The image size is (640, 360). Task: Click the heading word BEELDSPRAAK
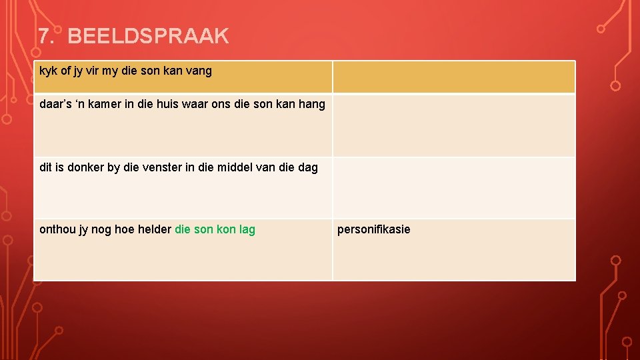(x=148, y=36)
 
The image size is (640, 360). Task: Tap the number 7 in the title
(x=44, y=36)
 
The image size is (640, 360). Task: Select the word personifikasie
(x=374, y=229)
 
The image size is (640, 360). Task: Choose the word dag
(x=307, y=167)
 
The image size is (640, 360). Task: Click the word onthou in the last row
(x=58, y=229)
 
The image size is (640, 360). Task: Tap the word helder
(x=154, y=229)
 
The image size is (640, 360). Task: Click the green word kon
(x=226, y=229)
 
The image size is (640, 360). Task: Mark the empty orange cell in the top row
(x=453, y=77)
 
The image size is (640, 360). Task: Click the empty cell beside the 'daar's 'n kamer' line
(x=453, y=125)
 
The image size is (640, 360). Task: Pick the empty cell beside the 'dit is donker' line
(x=453, y=188)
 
